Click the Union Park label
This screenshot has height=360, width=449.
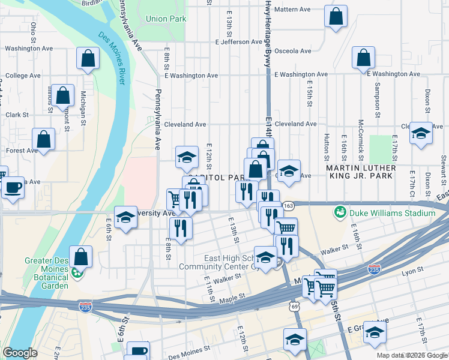tap(166, 19)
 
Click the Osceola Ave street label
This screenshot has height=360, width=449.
tap(293, 51)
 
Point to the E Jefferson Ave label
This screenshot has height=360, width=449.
tap(239, 42)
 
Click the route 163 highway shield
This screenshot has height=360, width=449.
tap(288, 206)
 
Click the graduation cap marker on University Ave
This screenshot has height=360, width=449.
tap(126, 217)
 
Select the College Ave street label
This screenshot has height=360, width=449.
tap(23, 76)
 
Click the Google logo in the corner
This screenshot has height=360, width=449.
tap(20, 353)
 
